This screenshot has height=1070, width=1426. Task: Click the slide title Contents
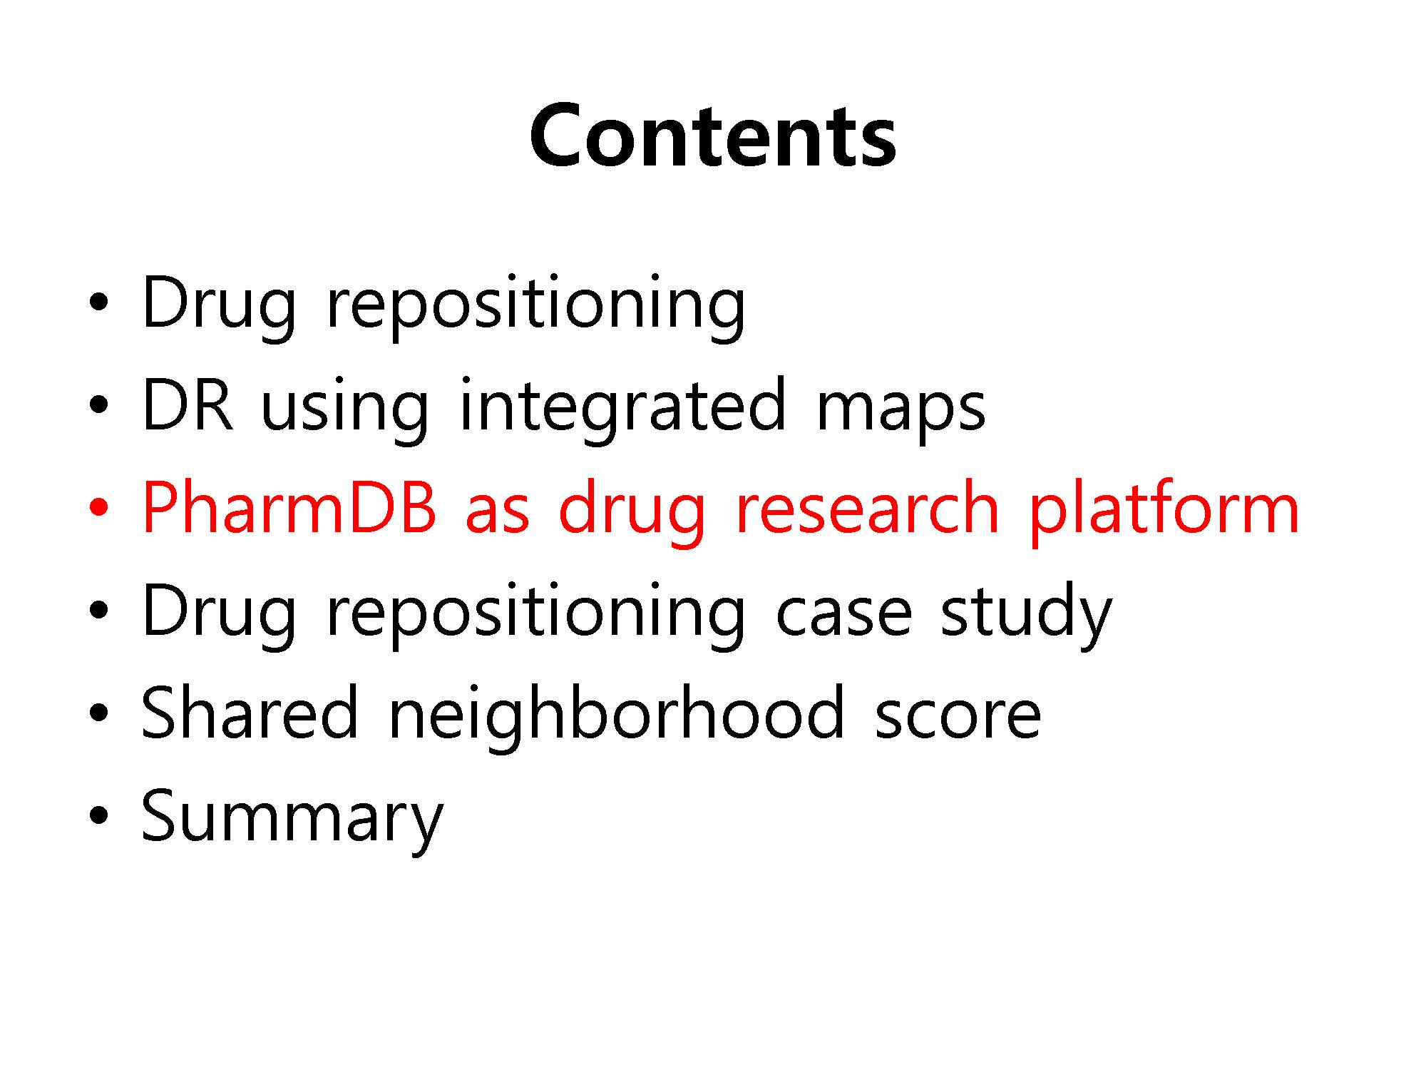pos(712,136)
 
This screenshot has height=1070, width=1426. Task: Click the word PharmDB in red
pos(289,508)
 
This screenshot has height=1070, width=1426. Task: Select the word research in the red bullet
pos(866,508)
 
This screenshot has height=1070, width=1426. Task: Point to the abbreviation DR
pos(187,405)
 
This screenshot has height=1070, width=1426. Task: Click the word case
pos(843,615)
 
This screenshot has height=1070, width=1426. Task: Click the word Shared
pos(250,713)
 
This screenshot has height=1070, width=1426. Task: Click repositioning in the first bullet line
pos(535,307)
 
